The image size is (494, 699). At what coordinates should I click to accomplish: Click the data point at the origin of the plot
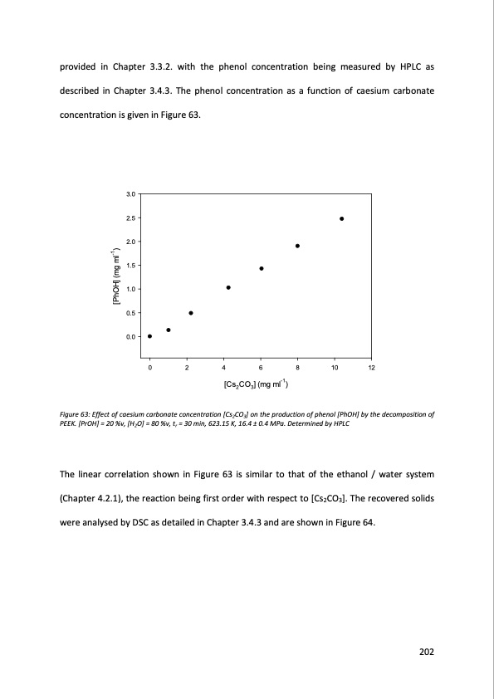[149, 336]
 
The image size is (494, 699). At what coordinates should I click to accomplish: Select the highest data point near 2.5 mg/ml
[341, 218]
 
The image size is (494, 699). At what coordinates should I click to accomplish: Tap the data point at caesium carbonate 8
[297, 246]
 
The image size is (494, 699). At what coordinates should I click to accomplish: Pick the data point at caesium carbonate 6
[261, 268]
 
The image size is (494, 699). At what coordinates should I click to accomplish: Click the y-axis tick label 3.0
[130, 194]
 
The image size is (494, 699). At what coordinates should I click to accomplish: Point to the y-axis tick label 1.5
[130, 265]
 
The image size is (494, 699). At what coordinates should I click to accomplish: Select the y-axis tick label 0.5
[130, 313]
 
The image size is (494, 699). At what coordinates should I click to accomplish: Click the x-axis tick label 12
[371, 368]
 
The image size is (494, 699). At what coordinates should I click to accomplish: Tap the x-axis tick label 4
[223, 368]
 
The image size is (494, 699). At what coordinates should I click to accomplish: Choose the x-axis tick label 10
[334, 368]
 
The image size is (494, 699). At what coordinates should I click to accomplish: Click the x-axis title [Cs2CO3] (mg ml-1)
[256, 384]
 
